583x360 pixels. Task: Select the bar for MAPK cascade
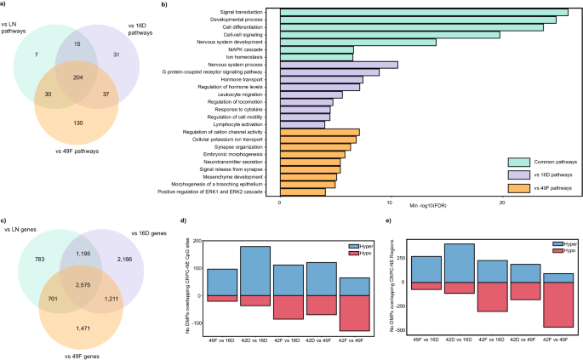tap(316, 49)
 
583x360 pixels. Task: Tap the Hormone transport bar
tap(321, 79)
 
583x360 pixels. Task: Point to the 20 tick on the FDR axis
tap(501, 203)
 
